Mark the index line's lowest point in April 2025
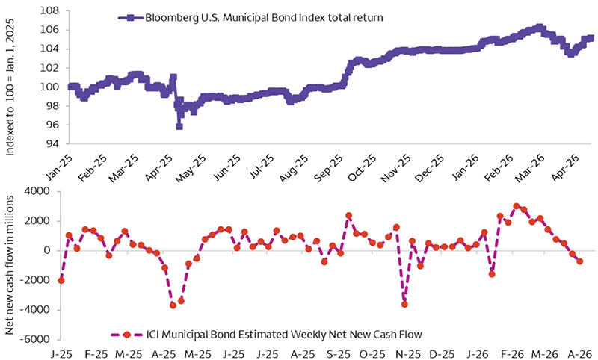point(179,126)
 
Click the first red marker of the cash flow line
point(61,280)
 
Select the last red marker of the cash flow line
point(580,261)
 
